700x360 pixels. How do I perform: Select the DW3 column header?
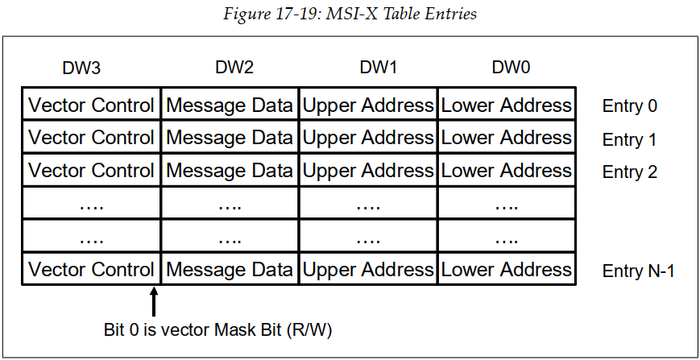click(81, 68)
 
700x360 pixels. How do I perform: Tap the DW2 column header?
click(234, 68)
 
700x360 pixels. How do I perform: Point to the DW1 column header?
click(378, 68)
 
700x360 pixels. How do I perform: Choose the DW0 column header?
click(512, 68)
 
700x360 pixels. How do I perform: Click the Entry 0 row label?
click(629, 106)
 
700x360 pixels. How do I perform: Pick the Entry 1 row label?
click(629, 139)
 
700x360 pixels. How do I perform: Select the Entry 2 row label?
click(629, 172)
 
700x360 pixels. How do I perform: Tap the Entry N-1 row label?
click(638, 271)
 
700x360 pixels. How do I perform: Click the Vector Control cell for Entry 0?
click(91, 105)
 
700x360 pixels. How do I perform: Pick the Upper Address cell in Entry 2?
click(368, 171)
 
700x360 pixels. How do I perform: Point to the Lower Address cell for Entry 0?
click(507, 105)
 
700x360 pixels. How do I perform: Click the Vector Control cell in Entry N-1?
click(91, 270)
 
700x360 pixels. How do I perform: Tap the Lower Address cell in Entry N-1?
click(507, 270)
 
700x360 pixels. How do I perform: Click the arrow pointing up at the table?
click(154, 303)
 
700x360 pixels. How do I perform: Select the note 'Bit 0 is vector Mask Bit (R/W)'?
click(217, 330)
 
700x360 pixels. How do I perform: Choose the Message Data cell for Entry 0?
click(230, 105)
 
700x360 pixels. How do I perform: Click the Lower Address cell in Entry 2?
click(507, 171)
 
